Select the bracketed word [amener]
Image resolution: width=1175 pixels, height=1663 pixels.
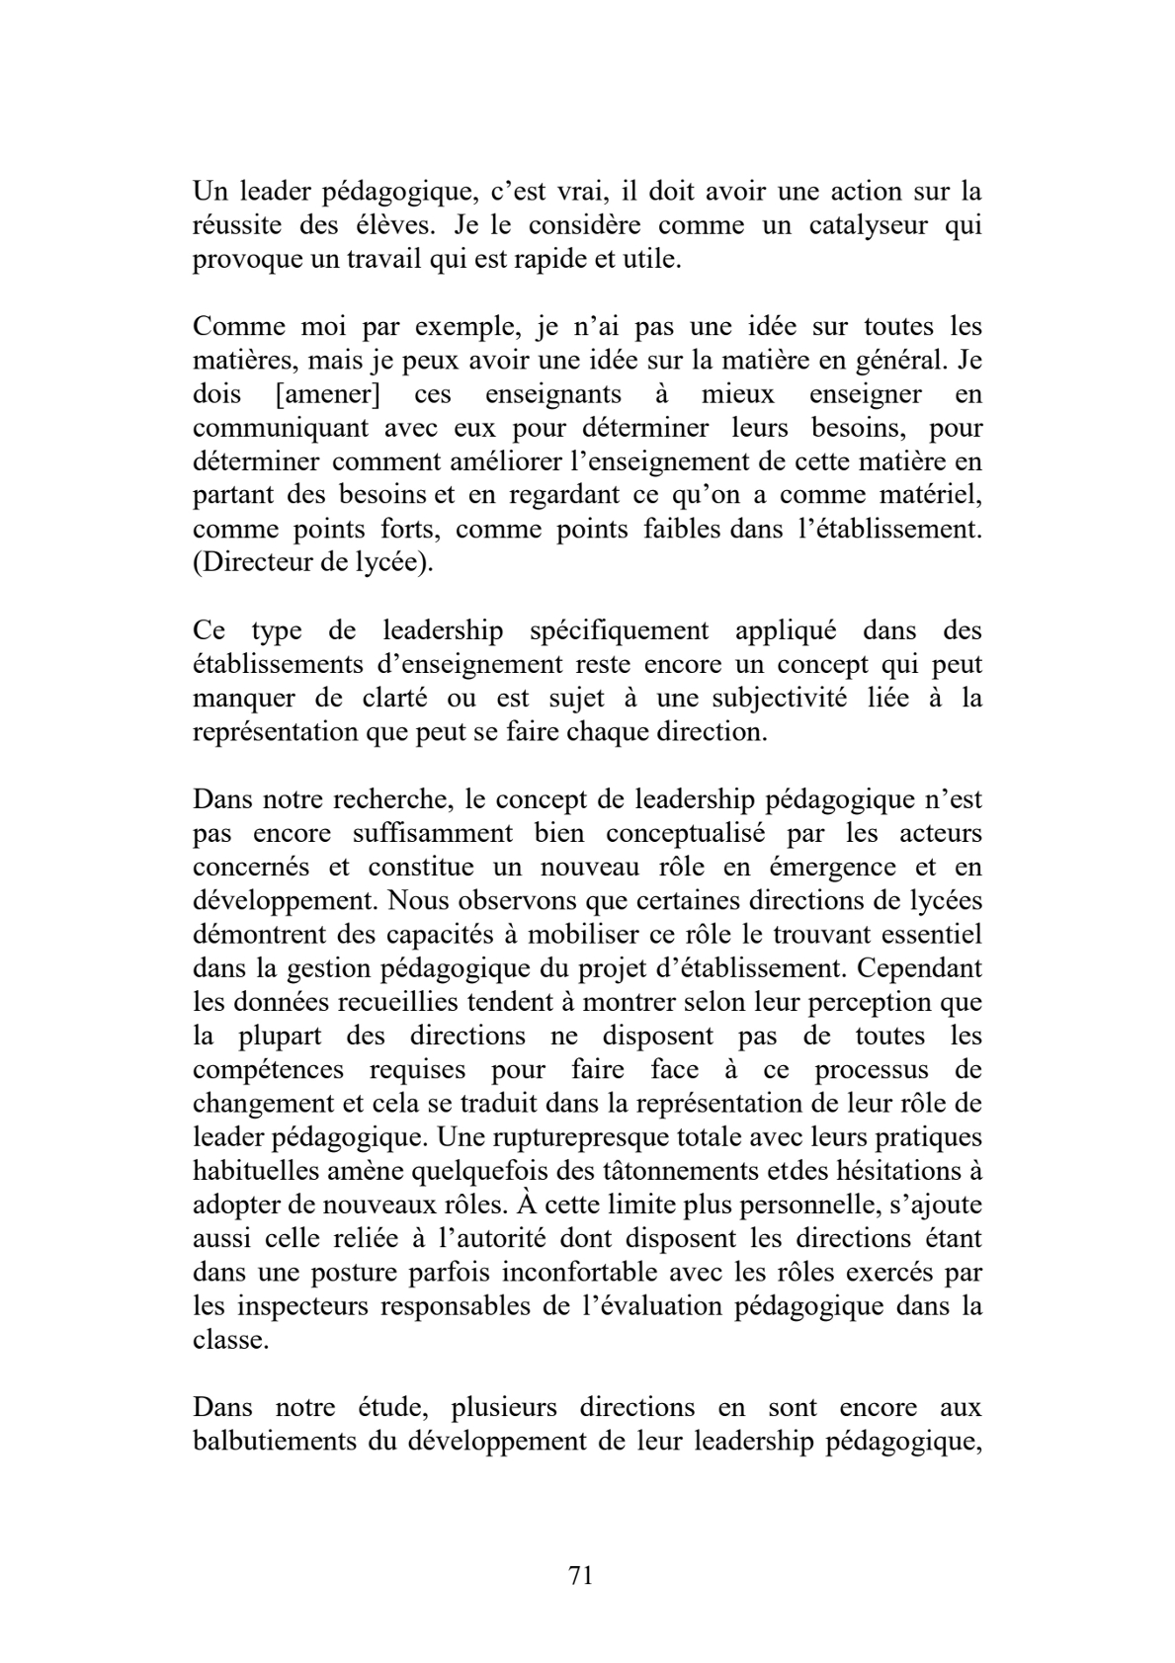[x=329, y=395]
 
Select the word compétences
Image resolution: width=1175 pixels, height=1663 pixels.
[x=268, y=1070]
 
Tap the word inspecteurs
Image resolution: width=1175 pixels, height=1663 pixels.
[x=301, y=1306]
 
